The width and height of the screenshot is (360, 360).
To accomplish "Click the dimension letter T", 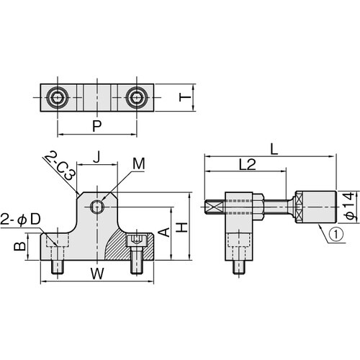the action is [x=185, y=97].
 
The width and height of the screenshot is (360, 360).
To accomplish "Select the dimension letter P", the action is [x=97, y=125].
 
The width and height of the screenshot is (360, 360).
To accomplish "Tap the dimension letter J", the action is [x=96, y=157].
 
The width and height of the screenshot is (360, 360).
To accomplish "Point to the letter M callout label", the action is [x=139, y=164].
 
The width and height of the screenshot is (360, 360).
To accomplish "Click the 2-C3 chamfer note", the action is [x=60, y=166].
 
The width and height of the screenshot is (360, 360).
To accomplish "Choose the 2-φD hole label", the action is [x=20, y=220].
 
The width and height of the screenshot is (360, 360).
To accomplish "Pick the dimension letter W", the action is [x=97, y=274].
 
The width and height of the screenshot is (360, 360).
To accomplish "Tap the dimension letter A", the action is [x=164, y=233].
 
